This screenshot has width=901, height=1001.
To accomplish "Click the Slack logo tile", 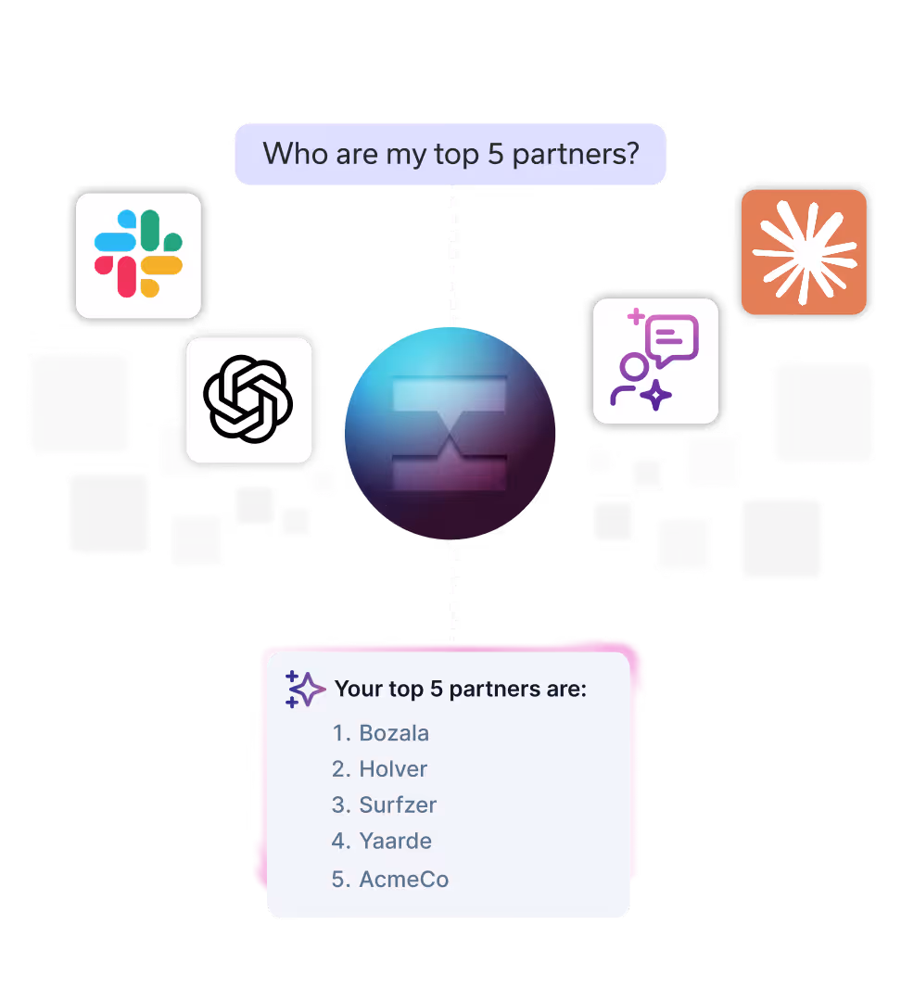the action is [138, 255].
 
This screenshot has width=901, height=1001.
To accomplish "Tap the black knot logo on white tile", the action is [248, 399].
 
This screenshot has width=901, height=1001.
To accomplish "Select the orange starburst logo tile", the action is [803, 252].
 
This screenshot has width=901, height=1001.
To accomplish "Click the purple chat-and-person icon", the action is [655, 361].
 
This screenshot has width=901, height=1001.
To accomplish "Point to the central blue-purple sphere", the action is [450, 432].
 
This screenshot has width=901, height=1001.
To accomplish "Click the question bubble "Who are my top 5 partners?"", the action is [450, 154].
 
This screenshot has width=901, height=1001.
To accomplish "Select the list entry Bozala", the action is [394, 733].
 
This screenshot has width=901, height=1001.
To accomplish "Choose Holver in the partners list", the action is [393, 769].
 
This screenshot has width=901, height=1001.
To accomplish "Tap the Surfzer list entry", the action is [398, 805].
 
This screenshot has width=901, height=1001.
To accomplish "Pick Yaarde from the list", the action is [395, 841].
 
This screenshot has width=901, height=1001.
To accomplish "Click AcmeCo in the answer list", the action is [403, 879].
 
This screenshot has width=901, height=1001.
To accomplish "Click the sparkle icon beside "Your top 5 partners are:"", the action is [305, 690].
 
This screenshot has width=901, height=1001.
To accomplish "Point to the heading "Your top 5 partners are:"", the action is [461, 690].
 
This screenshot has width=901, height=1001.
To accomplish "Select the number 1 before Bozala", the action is [338, 733].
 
